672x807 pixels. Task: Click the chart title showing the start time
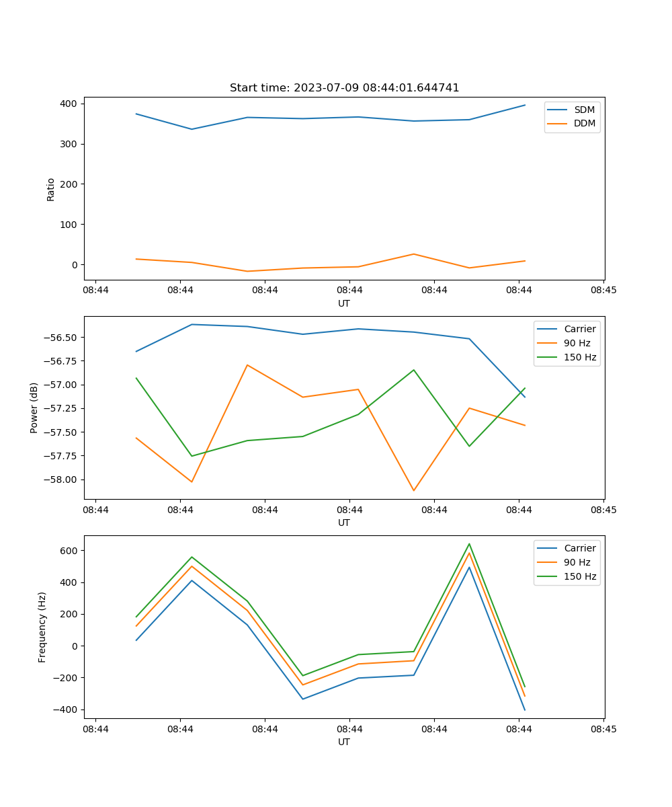click(x=344, y=88)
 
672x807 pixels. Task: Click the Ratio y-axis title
click(x=51, y=189)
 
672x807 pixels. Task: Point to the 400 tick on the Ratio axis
click(x=69, y=104)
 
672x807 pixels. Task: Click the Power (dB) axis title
click(x=34, y=408)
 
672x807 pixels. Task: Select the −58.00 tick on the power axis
click(x=62, y=479)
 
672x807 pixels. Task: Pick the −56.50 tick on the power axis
click(x=62, y=337)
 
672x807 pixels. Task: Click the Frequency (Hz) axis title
click(x=42, y=627)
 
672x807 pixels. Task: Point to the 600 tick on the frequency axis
click(x=69, y=551)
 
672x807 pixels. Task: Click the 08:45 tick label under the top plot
click(x=603, y=291)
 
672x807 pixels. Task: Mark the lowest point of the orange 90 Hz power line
click(x=413, y=490)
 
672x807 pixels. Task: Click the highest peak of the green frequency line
click(x=469, y=544)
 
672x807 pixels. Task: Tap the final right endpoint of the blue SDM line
click(x=525, y=105)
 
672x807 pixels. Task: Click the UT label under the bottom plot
click(x=344, y=742)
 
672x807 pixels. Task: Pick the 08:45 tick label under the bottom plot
click(x=603, y=729)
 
